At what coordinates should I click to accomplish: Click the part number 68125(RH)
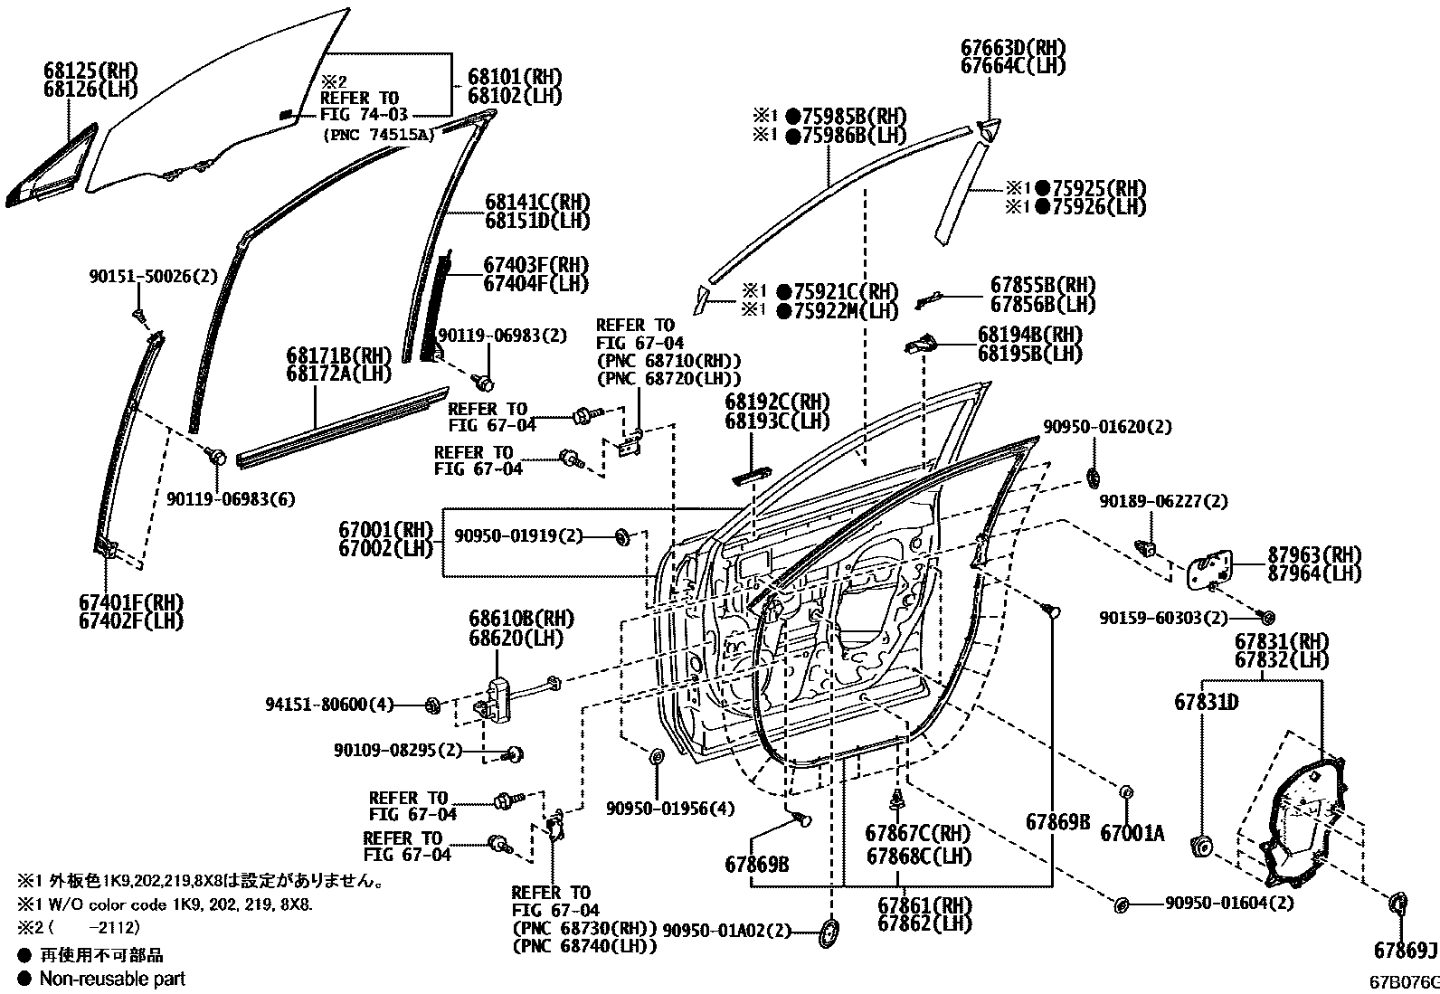coord(88,70)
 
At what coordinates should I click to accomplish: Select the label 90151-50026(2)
coord(153,277)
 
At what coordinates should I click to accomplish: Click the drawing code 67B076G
coord(1401,981)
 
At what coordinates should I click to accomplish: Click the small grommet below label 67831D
coord(1202,847)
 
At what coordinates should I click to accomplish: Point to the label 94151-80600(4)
coord(330,705)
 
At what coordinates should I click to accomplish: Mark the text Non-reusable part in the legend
coord(112,978)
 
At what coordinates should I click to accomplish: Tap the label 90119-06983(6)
coord(231,499)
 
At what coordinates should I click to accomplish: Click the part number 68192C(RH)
coord(777,402)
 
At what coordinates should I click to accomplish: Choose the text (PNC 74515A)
coord(379,134)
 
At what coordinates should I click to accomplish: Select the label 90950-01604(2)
coord(1228,903)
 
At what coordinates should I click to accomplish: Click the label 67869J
coord(1405,951)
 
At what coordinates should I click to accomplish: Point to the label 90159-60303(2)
coord(1163,618)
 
